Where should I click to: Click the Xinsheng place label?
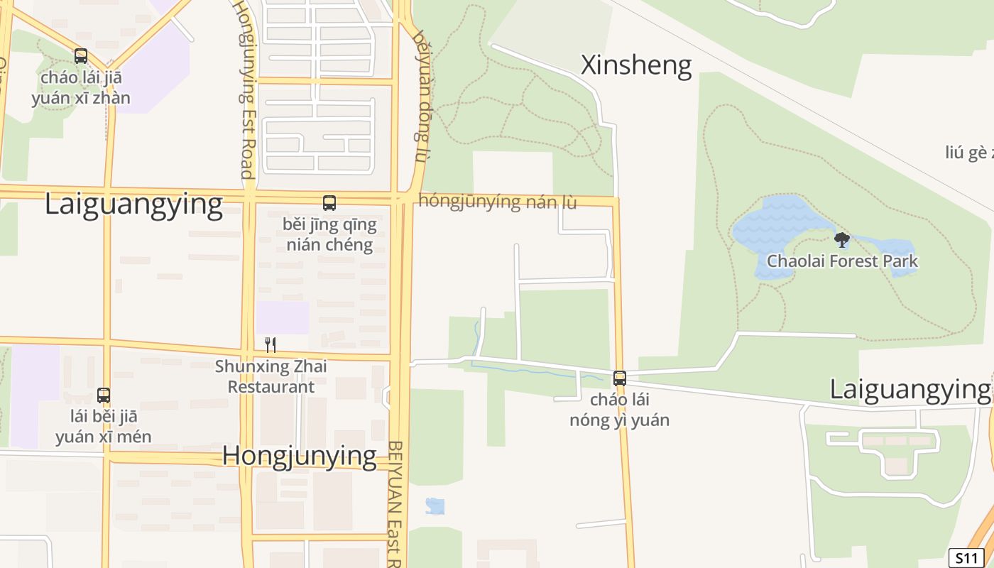636,65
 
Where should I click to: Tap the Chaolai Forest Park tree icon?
842,240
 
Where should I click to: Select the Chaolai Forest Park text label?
842,261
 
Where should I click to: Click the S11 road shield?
966,558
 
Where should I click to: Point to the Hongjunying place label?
299,456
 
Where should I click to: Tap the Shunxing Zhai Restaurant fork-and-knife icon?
270,345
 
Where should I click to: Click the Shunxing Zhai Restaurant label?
271,377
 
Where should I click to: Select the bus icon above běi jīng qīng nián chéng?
329,203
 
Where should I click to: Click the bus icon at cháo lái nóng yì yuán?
620,378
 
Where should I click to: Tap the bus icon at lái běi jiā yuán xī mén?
104,395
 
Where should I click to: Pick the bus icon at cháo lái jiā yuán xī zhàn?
81,56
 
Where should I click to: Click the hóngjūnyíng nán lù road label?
498,202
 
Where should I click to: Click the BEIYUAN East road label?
395,504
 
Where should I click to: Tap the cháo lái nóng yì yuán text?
619,410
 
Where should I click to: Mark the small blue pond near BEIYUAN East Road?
435,506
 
